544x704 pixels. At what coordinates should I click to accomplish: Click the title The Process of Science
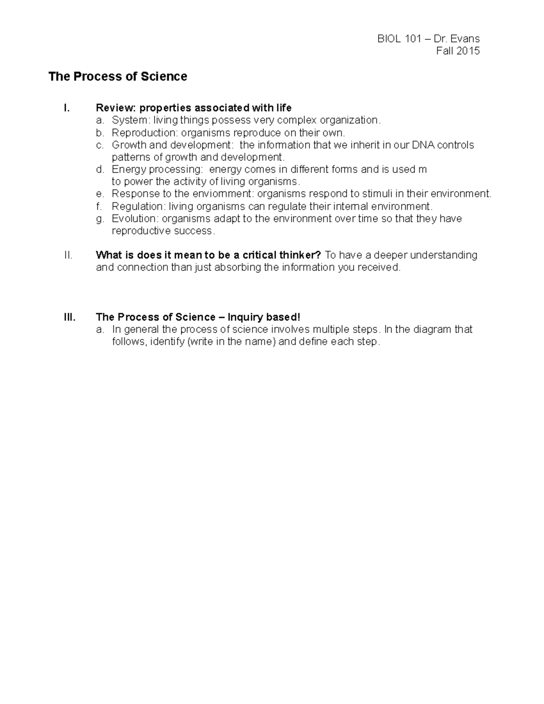(118, 77)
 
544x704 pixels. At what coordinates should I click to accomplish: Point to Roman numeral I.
(67, 108)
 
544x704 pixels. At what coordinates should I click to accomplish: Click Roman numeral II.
(68, 255)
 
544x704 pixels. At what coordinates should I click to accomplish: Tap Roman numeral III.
(69, 317)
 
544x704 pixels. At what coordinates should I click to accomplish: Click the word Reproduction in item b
(145, 133)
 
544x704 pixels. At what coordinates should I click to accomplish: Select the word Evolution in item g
(134, 219)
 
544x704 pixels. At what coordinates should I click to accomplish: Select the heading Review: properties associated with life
(194, 108)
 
